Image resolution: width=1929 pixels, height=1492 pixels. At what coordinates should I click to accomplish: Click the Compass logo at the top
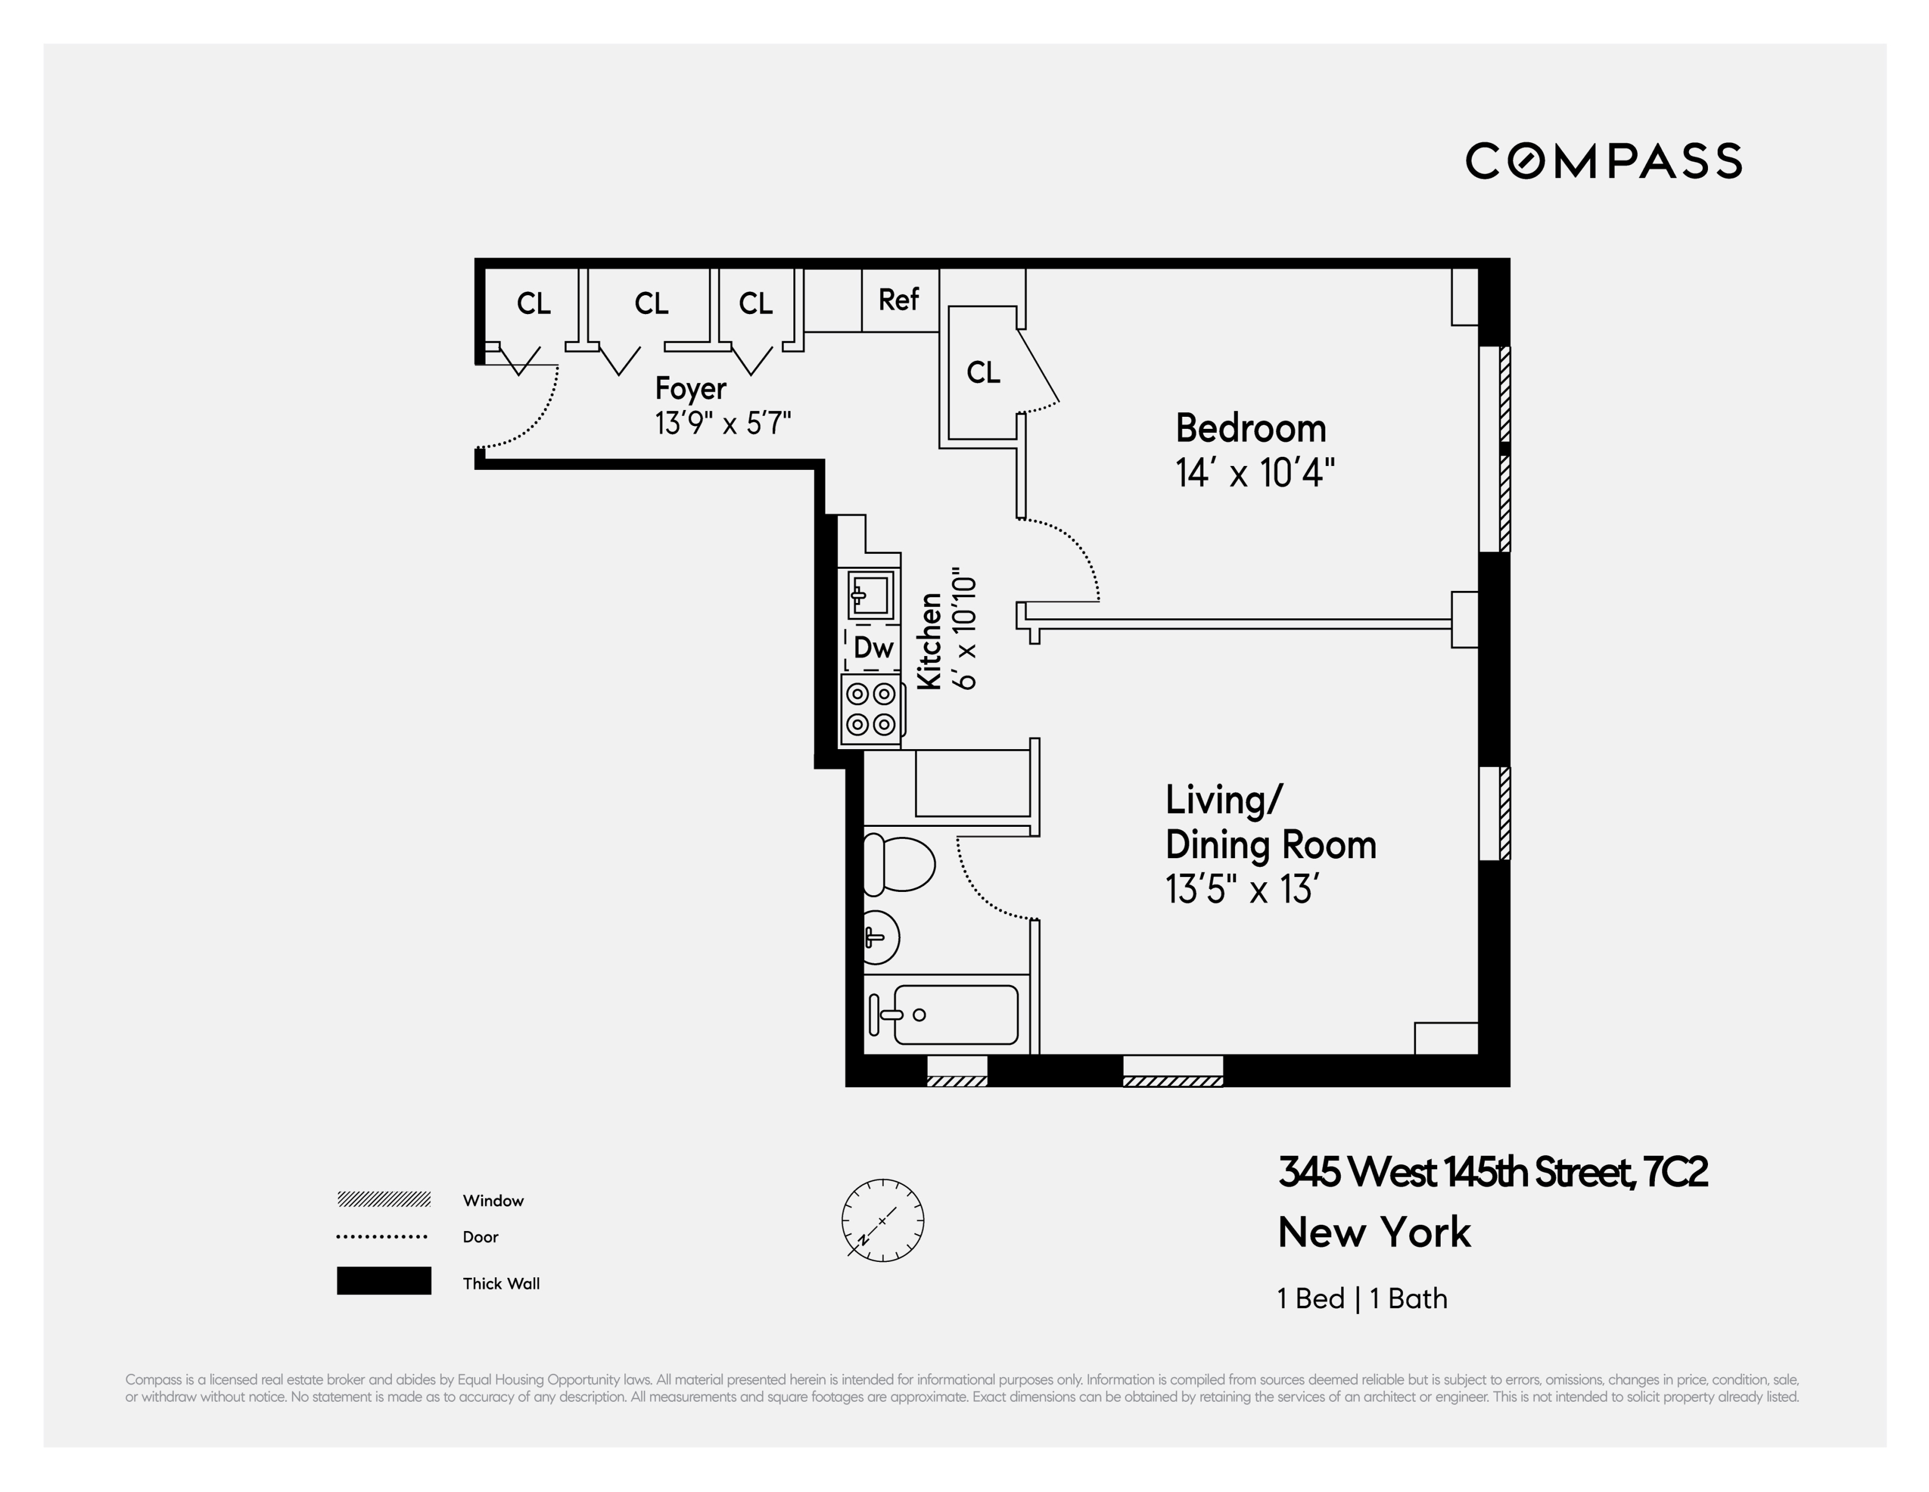[1603, 161]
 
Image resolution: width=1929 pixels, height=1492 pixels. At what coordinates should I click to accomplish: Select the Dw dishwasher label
[873, 649]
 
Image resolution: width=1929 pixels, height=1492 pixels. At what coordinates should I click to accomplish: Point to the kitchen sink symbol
[870, 594]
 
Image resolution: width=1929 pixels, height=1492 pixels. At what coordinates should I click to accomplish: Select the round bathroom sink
[880, 936]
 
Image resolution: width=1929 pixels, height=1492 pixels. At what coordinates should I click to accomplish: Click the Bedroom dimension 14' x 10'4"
[1254, 473]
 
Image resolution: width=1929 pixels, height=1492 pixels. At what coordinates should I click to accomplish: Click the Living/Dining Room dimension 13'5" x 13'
[1242, 890]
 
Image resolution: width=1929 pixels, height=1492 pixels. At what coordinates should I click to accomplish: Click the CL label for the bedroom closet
[983, 373]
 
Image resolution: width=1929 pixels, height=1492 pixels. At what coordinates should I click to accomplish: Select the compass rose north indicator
[882, 1220]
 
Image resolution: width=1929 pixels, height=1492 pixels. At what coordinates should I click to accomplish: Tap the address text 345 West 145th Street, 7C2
[1493, 1172]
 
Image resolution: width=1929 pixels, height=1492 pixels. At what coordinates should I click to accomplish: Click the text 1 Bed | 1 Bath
[1362, 1298]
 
